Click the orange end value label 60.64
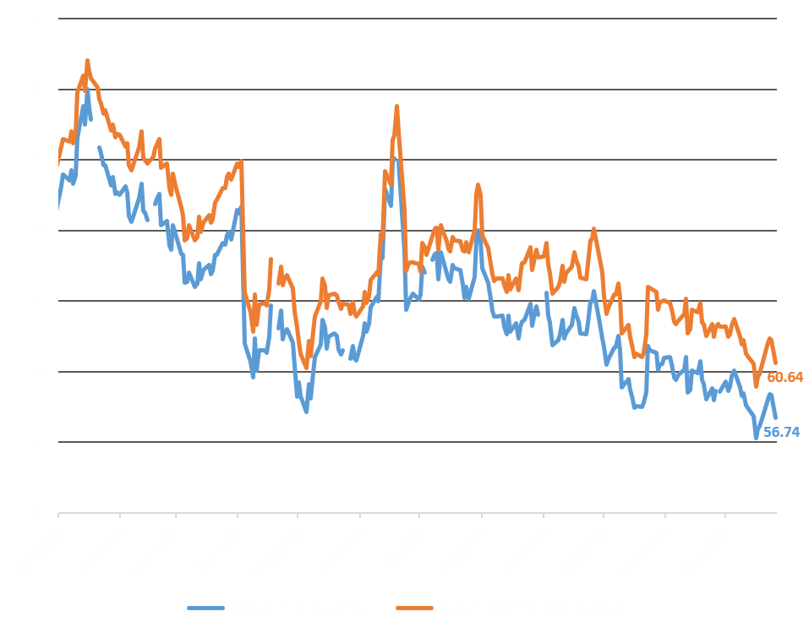(x=784, y=377)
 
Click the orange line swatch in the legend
(x=413, y=607)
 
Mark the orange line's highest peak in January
(x=87, y=61)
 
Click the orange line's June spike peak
(x=396, y=106)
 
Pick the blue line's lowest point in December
(x=756, y=438)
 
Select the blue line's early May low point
(x=306, y=412)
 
